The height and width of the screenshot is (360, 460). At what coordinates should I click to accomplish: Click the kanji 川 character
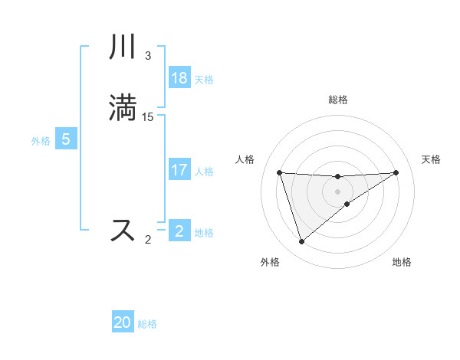pos(123,48)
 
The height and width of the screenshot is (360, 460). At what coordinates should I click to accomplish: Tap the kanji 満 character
pos(123,108)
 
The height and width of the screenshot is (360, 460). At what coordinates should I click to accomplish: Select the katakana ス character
pos(123,230)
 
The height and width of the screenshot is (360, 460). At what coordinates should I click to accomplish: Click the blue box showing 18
pos(179,78)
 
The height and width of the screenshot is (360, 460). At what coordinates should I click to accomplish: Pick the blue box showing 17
pos(179,170)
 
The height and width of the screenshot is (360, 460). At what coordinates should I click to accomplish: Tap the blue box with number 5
pos(66,139)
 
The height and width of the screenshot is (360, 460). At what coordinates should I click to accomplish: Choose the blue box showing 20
pos(123,322)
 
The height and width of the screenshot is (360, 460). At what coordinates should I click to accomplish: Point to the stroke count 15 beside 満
pos(148,116)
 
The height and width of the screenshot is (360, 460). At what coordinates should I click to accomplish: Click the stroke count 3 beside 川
pos(148,56)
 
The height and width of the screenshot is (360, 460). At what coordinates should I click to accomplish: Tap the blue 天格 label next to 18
pos(204,80)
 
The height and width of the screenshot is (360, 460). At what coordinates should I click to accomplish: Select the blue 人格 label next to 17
pos(204,172)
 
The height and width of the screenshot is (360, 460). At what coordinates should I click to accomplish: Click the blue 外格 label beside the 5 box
pos(41,141)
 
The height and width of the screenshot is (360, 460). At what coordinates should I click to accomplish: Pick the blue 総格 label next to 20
pos(147,324)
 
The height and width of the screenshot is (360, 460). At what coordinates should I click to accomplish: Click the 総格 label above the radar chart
pos(337,100)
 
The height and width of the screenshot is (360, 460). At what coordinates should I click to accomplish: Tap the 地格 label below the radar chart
pos(402,262)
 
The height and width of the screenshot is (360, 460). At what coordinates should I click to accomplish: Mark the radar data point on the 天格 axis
pos(396,172)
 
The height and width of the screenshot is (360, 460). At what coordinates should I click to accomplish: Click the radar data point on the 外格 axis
pos(301,242)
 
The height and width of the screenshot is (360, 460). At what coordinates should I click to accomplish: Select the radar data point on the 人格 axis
pos(279,172)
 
